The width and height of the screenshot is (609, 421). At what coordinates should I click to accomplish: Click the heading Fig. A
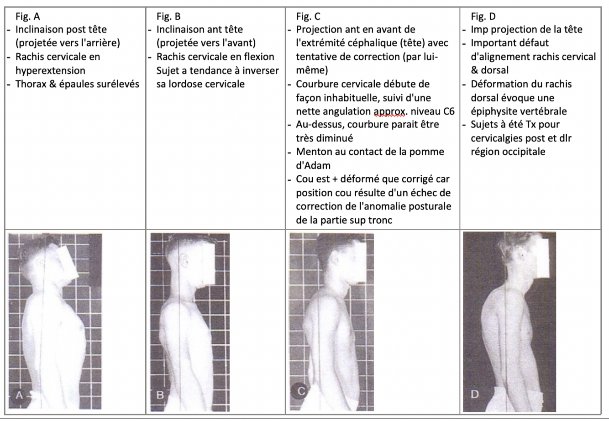[x=28, y=16]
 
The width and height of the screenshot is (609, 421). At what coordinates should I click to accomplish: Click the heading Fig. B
[x=168, y=16]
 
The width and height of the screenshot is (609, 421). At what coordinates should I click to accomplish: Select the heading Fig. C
[x=308, y=16]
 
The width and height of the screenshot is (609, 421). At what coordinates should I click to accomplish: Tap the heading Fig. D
[x=483, y=16]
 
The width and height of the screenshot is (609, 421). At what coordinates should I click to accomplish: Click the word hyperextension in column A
[x=50, y=71]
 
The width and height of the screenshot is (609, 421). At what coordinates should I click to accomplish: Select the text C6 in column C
[x=449, y=111]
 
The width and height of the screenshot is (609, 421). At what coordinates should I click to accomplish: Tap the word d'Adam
[x=313, y=165]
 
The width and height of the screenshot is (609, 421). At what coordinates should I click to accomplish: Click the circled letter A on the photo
[x=19, y=395]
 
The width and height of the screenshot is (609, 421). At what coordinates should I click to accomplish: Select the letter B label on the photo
[x=160, y=395]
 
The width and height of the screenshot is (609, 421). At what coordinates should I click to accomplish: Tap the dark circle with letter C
[x=300, y=391]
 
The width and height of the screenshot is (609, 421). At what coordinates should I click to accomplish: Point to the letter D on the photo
[x=474, y=394]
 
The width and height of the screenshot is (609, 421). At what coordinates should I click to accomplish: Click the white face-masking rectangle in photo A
[x=68, y=264]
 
